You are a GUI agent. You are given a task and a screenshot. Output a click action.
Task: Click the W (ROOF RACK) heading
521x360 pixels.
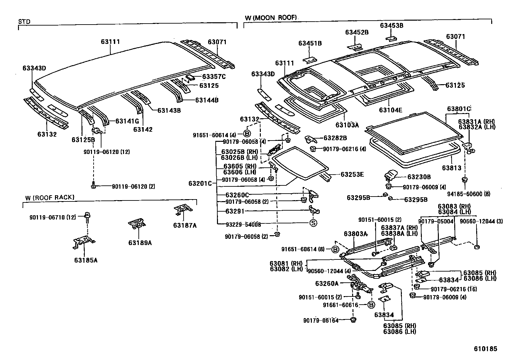click(50, 198)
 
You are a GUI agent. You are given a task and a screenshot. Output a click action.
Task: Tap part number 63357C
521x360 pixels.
click(214, 77)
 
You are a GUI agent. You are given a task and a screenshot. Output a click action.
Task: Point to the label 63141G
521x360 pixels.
click(127, 121)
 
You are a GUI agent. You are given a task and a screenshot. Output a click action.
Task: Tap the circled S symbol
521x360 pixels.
click(313, 224)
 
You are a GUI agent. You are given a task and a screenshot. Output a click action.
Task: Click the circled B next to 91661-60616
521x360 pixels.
click(371, 305)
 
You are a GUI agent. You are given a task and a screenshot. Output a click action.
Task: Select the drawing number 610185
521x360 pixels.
click(485, 349)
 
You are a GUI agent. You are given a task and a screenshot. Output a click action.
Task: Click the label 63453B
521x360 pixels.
click(391, 25)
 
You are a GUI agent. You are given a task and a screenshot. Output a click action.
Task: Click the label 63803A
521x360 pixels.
click(356, 234)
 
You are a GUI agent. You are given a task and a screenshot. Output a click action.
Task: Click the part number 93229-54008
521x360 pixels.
click(243, 224)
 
